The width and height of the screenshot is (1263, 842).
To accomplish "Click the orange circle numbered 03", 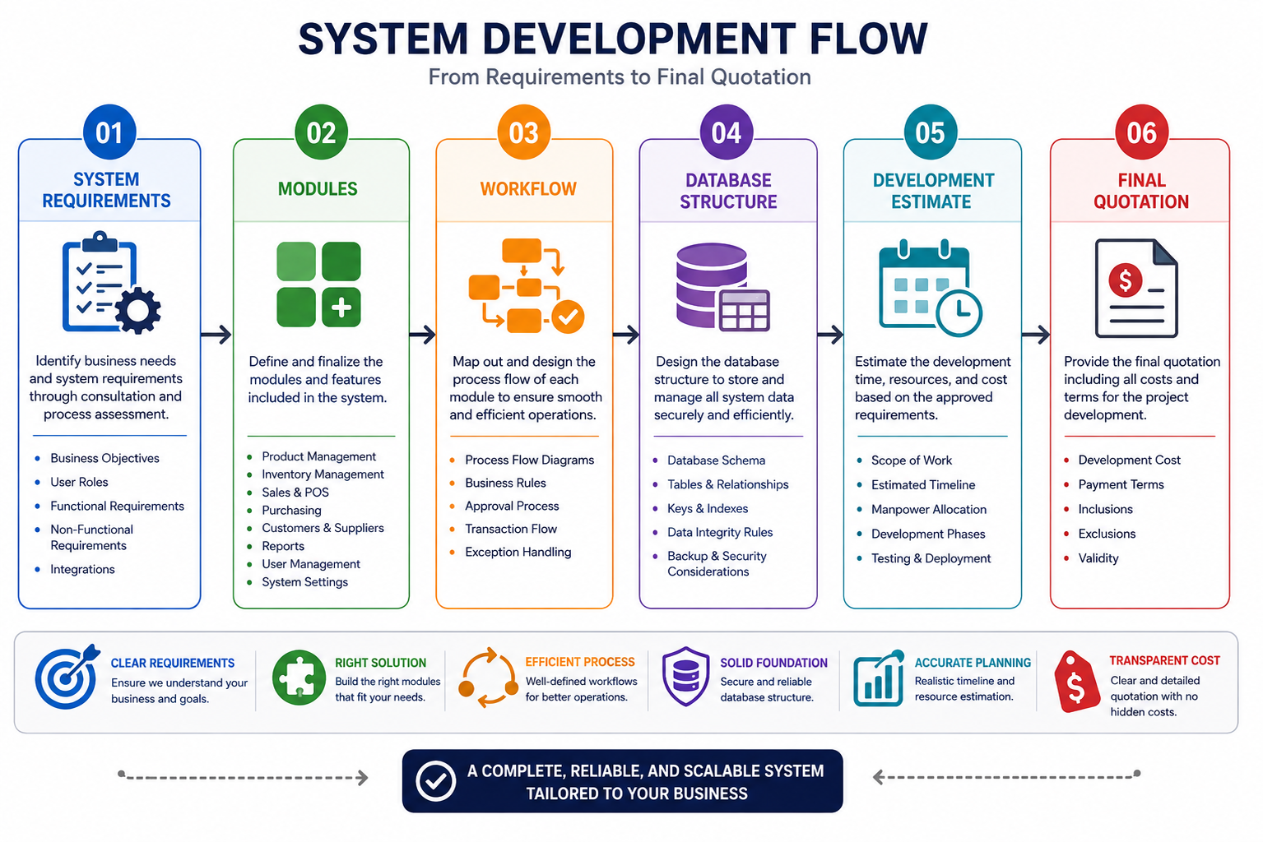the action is point(523,132).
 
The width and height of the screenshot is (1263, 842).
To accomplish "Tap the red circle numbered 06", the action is point(1141,132).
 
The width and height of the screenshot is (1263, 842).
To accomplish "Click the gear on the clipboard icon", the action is point(138,310).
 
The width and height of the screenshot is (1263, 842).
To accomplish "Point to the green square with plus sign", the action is point(341,308).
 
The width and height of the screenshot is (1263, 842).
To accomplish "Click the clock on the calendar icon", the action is point(959,312).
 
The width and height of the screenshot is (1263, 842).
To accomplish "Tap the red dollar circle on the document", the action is point(1126,280).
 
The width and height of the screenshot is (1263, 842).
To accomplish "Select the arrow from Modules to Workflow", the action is point(422,335).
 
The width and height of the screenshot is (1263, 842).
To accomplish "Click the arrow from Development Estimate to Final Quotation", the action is point(1036,335).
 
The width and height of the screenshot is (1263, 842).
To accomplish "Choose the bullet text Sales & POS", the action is point(295,492).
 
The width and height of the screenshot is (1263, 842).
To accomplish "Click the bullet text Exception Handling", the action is point(518,552).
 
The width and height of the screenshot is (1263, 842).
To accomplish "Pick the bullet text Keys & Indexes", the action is point(708,508).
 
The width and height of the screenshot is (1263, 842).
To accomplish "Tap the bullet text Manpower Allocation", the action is point(929,510).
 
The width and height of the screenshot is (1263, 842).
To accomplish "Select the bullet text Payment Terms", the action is point(1121,484).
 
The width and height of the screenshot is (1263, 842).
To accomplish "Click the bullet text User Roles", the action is point(79,482).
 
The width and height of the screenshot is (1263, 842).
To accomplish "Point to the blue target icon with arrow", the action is point(67,676).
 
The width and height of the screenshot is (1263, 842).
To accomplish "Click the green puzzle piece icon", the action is point(299,678).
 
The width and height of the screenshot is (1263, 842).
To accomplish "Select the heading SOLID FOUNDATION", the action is point(773,663).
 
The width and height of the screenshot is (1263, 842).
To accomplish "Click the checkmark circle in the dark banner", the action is point(435,780).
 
